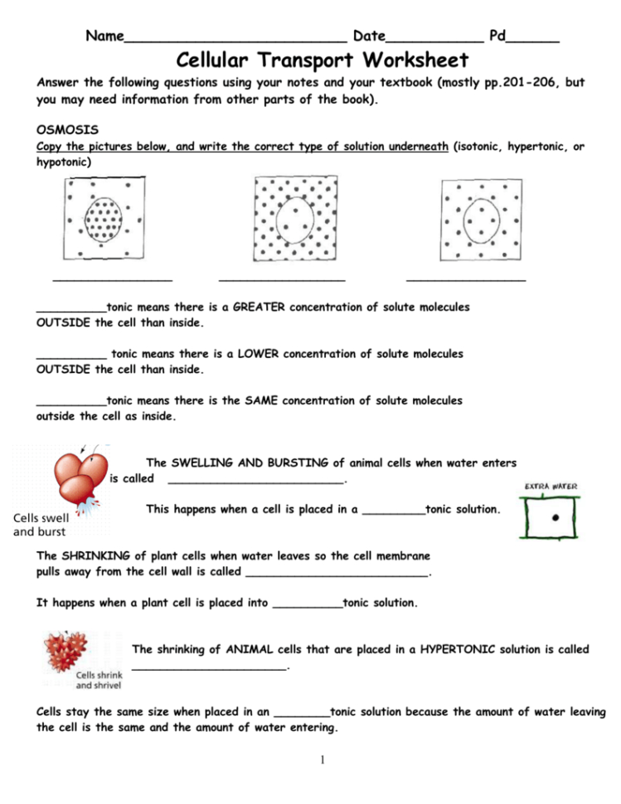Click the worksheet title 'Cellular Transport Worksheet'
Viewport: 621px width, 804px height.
pos(322,61)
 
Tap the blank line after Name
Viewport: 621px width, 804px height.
pos(235,38)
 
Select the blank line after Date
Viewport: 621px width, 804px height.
pos(435,38)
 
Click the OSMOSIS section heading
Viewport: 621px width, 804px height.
pos(68,130)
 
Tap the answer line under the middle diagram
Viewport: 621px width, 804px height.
pos(282,278)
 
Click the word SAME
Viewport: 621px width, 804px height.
pos(262,400)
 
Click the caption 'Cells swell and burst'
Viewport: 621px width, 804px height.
pos(40,526)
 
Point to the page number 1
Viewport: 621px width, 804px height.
pos(321,760)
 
